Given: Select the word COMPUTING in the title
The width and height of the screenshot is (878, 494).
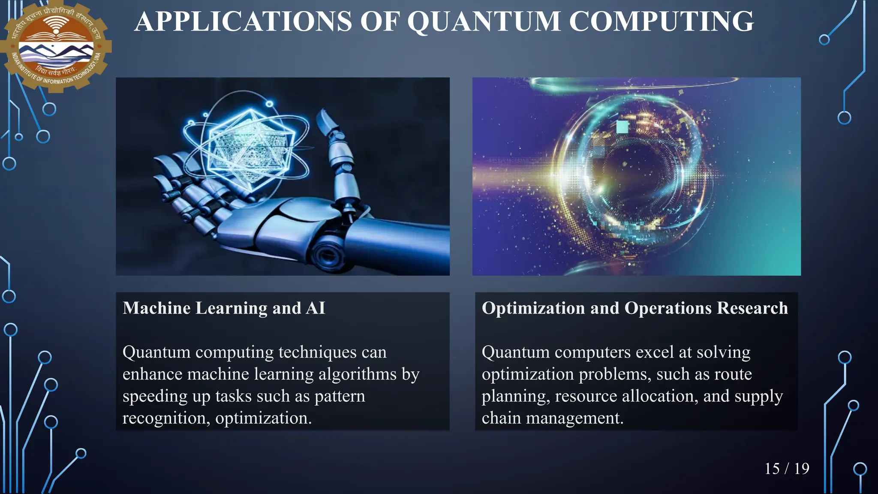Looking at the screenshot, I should (661, 21).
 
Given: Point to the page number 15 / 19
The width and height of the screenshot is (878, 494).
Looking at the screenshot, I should (787, 468).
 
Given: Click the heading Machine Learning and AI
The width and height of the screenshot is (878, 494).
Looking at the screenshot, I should (224, 308).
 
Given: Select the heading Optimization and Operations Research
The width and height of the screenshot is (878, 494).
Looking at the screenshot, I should (634, 308).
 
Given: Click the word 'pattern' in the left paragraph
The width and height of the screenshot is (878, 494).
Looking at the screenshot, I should (340, 396).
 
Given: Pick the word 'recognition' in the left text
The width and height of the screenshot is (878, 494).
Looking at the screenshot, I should (166, 418).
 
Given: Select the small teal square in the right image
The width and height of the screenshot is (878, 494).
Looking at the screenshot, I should (622, 127).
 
